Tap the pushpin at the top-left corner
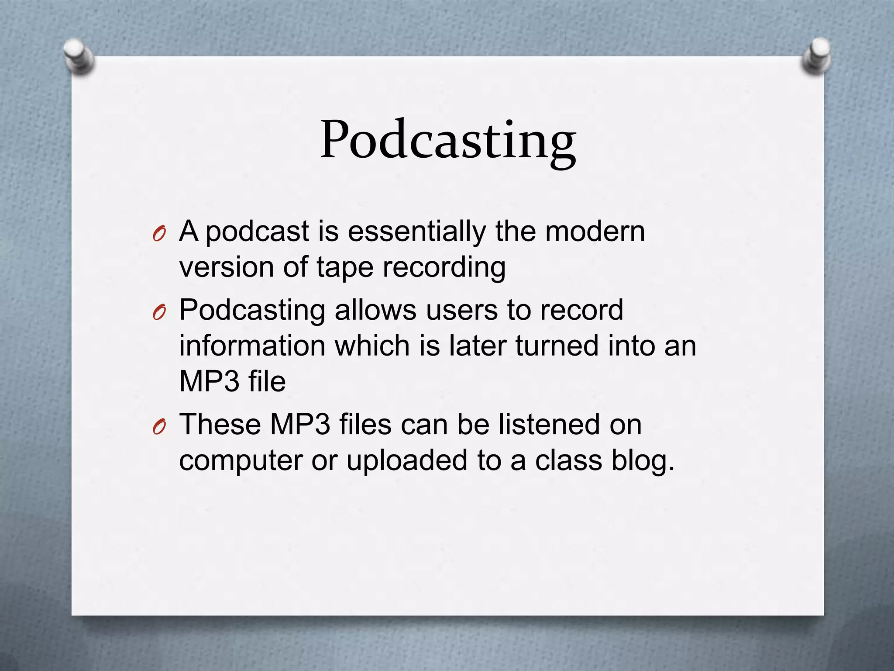click(x=78, y=56)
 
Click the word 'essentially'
click(x=417, y=231)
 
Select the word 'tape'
click(x=345, y=267)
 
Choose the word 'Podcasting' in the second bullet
click(x=252, y=311)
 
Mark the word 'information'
click(x=252, y=346)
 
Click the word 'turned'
click(x=557, y=346)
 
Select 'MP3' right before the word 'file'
click(x=209, y=381)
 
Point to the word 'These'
click(x=220, y=424)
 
